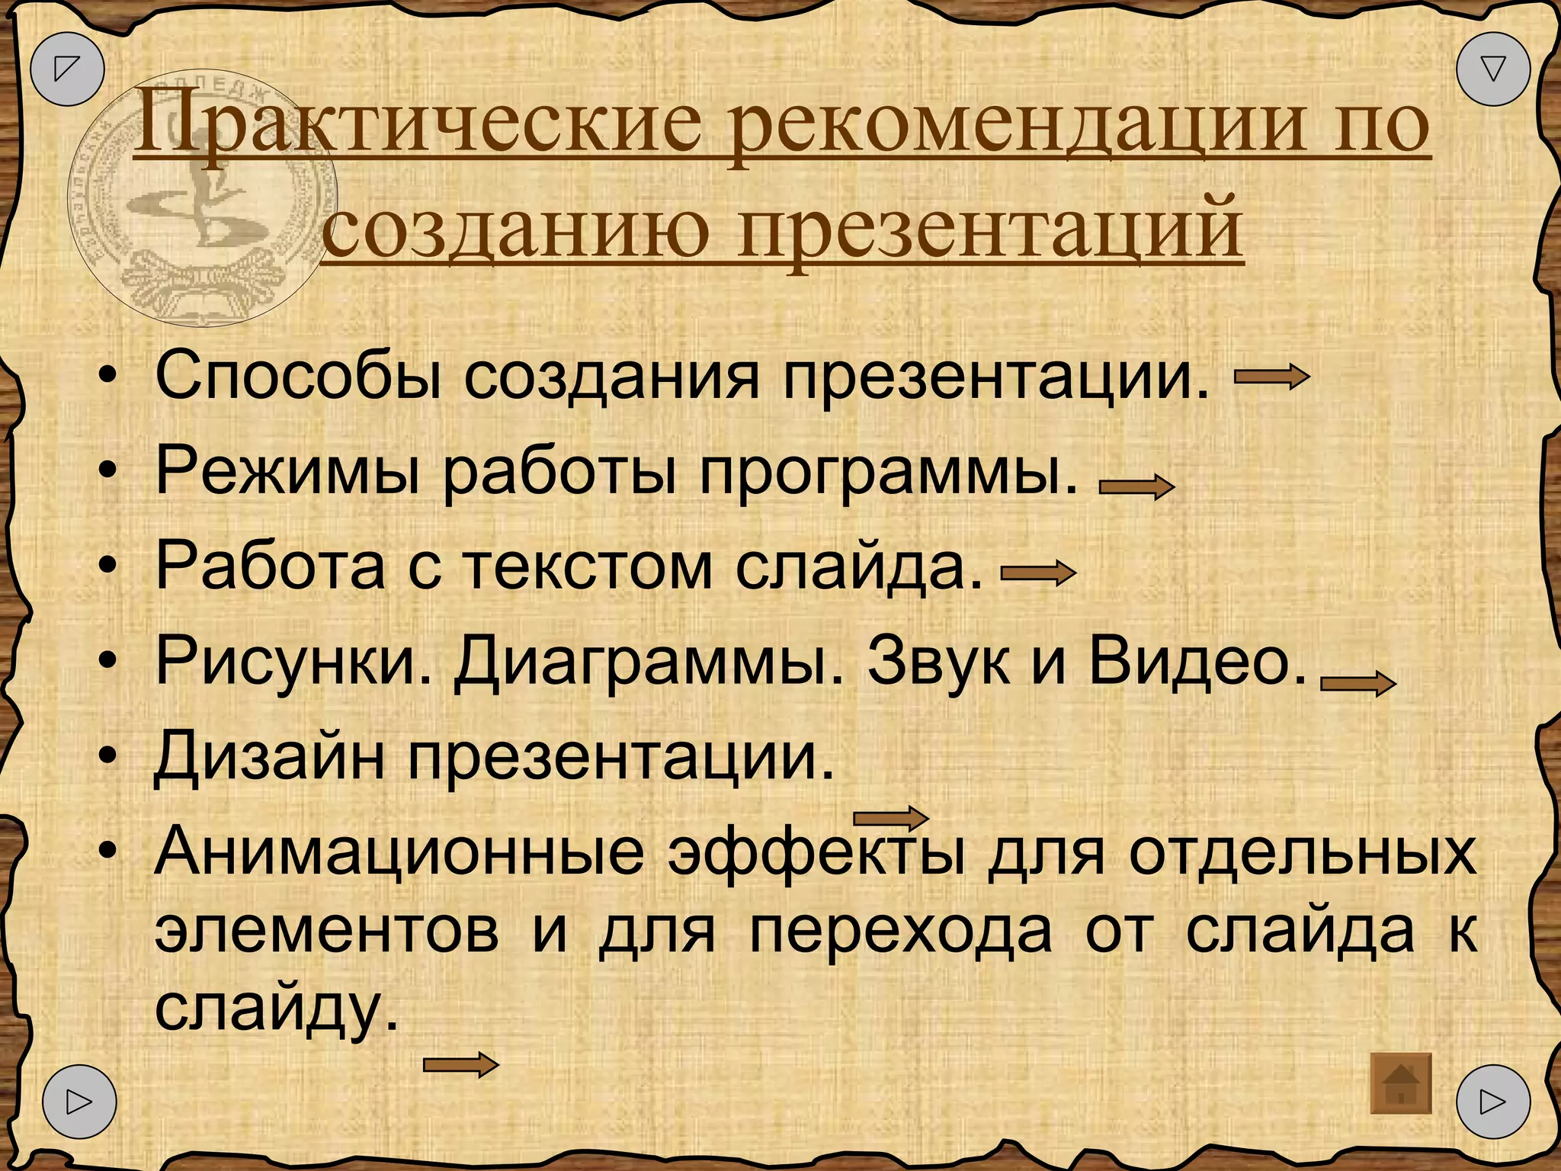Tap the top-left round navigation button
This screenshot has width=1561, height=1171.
click(67, 69)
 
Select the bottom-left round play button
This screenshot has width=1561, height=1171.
click(79, 1102)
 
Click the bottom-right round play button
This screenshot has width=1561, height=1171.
click(1492, 1102)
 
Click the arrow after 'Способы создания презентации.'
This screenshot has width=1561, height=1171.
click(1271, 377)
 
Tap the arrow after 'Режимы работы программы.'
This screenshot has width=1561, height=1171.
click(1136, 486)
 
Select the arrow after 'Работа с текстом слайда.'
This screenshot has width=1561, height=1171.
click(1038, 573)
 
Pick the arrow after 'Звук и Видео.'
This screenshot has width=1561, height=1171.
click(1357, 684)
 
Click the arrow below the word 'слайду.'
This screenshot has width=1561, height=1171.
click(460, 1064)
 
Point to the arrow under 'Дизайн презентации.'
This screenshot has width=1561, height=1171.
click(890, 818)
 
